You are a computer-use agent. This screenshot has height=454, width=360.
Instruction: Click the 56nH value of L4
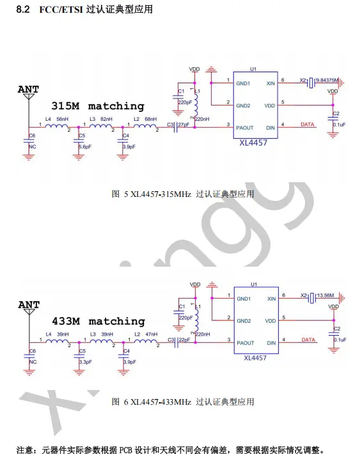click(62, 119)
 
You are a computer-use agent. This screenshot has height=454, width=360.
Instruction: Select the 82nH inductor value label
click(106, 119)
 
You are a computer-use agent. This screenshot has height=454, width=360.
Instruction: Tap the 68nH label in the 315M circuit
click(151, 119)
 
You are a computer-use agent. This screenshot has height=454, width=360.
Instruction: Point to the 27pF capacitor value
click(184, 125)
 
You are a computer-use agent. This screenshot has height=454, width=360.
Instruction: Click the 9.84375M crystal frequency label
click(327, 80)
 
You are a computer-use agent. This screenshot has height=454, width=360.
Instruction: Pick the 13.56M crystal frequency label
click(325, 295)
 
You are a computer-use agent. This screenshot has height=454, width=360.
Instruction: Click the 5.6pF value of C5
click(85, 147)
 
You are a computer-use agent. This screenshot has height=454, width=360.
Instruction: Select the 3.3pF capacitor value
click(86, 362)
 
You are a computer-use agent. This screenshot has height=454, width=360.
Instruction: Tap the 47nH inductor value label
click(152, 334)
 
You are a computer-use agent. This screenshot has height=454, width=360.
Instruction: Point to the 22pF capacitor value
click(184, 340)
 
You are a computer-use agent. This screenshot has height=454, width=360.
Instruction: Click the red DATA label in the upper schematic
click(308, 124)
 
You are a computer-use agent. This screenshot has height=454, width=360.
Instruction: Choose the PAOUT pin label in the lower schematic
click(246, 343)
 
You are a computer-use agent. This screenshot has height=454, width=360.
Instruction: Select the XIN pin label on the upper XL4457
click(270, 83)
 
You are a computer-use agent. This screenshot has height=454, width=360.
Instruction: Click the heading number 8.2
click(23, 9)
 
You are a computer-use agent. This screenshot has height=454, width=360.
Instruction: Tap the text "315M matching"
click(98, 106)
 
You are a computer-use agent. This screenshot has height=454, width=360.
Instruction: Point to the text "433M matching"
click(98, 321)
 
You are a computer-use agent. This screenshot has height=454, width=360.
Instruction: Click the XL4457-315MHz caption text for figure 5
click(160, 194)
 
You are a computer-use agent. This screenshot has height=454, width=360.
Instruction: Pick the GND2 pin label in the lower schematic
click(244, 321)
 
